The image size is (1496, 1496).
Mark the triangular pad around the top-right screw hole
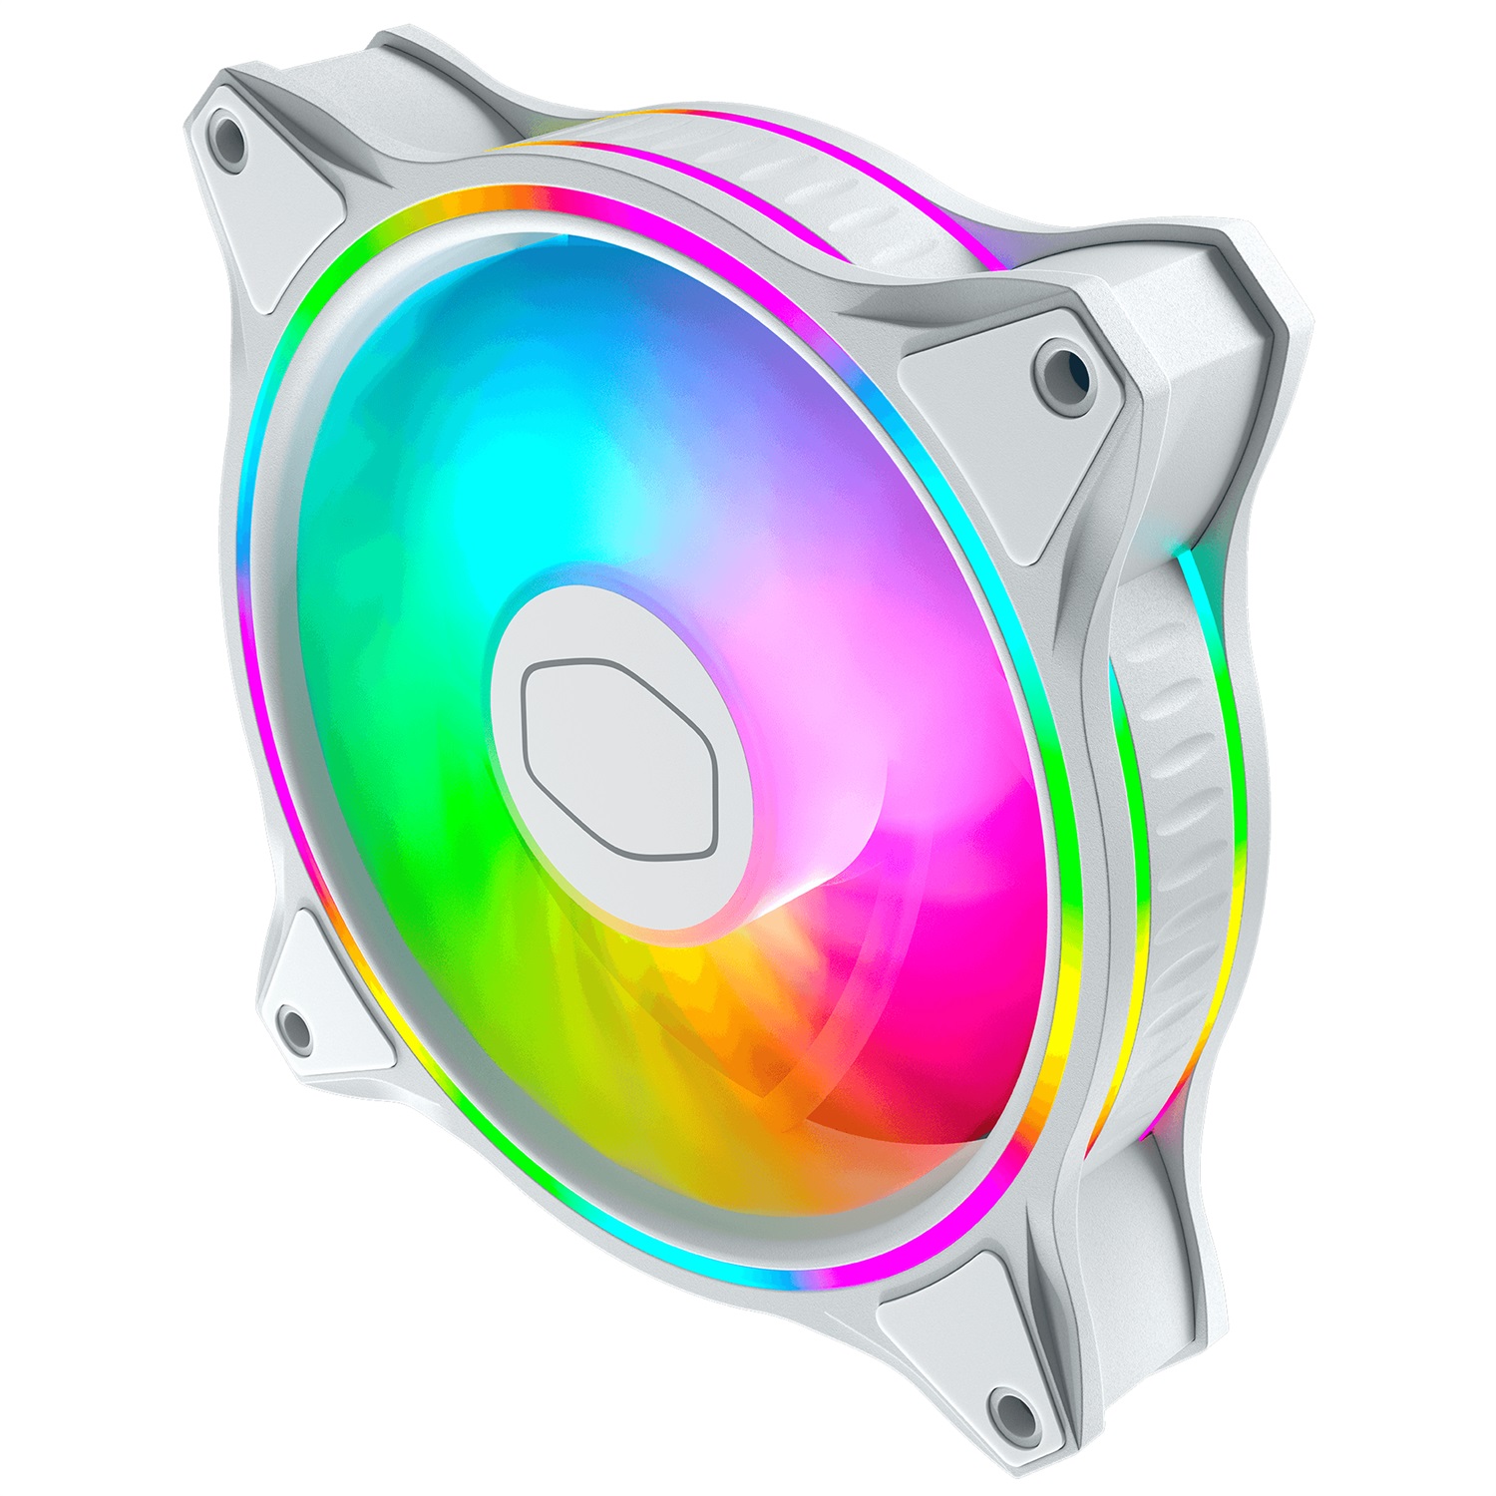(x=1007, y=399)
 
